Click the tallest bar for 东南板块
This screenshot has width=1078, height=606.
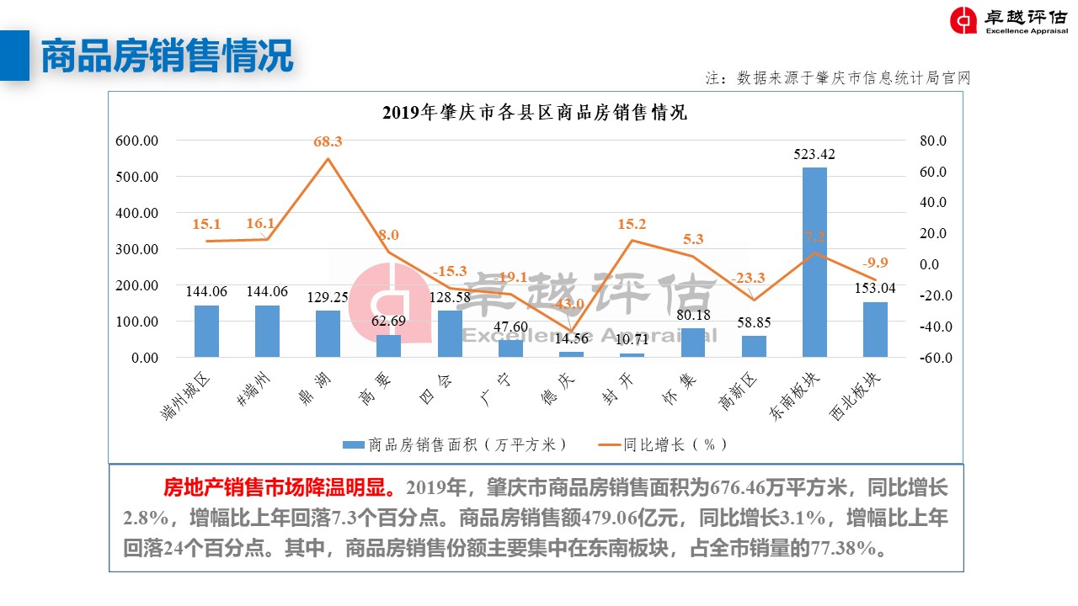[814, 262]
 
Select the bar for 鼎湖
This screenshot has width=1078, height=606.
[328, 334]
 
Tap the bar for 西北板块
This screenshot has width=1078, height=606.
[875, 329]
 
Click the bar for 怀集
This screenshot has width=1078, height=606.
[692, 343]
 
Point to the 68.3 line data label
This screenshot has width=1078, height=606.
[328, 141]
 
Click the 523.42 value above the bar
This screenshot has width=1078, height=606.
[814, 154]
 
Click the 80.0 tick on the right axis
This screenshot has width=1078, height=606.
[936, 141]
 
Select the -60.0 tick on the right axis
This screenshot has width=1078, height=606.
[934, 358]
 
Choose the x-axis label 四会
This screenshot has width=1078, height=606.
[435, 388]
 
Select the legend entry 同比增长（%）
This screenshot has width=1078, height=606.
[663, 444]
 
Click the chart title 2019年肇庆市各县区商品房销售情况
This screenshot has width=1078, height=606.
[535, 113]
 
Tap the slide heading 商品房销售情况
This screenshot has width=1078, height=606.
[168, 56]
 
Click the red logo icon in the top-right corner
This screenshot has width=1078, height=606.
[963, 21]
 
